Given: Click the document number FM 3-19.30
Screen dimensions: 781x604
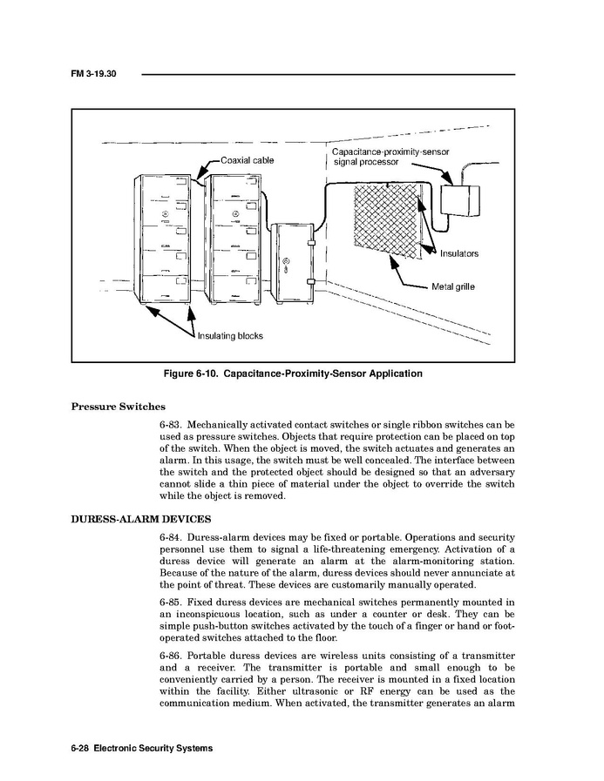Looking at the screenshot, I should tap(93, 74).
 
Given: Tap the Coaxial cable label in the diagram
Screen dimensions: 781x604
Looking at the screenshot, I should tap(247, 160).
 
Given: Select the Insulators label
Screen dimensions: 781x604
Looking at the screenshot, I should tap(458, 253).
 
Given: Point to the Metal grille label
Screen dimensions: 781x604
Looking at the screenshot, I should tap(453, 286).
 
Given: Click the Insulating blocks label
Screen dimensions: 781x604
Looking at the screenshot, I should tap(230, 335).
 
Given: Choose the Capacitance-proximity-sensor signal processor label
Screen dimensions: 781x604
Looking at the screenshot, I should tap(391, 157).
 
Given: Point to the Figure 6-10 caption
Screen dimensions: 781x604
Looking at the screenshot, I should tap(293, 374).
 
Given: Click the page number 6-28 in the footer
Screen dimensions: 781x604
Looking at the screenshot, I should tap(79, 748).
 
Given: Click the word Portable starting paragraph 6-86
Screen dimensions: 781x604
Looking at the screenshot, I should tap(207, 655).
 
